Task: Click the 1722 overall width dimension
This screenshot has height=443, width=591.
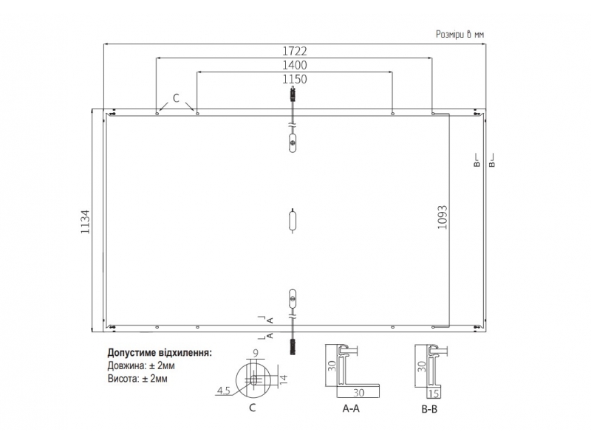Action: click(295, 51)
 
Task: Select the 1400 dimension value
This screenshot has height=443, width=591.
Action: click(295, 65)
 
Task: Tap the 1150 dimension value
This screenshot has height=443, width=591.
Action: click(295, 79)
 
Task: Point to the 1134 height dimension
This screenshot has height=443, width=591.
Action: click(86, 221)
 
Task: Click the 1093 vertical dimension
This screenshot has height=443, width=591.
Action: click(442, 217)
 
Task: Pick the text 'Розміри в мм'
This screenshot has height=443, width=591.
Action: click(460, 34)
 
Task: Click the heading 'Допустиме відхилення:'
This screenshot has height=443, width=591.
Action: click(160, 353)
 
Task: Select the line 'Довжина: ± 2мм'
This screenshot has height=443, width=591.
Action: click(141, 365)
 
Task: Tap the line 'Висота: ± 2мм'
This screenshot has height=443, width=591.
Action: click(137, 378)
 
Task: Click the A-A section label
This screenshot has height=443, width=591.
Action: click(351, 408)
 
